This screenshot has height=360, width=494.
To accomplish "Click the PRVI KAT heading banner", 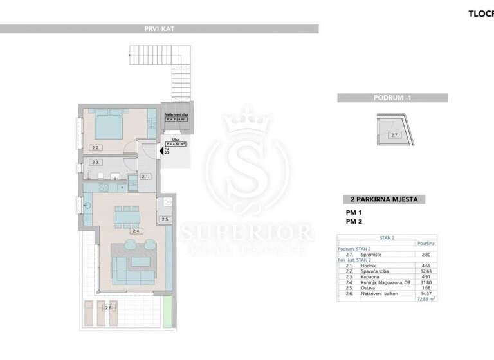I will pos(160,29).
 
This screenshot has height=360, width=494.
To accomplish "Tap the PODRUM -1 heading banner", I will pos(392,98).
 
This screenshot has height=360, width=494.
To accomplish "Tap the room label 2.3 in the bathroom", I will pos(95,162).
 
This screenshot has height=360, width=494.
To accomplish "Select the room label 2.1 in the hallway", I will pos(145,176).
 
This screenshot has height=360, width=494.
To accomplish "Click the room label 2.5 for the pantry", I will pos(165,219).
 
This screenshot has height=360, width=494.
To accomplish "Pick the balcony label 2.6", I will pos(109,308).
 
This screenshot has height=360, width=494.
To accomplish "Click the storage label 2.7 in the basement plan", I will pos(394,135).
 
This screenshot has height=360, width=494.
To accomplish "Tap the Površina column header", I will pos(424,243).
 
